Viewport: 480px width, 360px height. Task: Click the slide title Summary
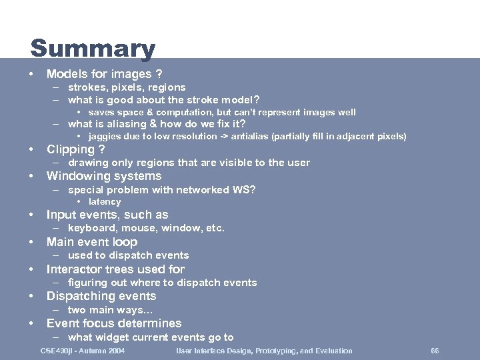tap(93, 49)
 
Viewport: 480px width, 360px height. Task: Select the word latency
tap(105, 201)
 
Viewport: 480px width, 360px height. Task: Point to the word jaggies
tap(104, 137)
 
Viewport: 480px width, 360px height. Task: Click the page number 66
tap(435, 351)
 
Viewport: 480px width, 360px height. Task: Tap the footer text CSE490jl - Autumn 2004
tap(83, 351)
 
